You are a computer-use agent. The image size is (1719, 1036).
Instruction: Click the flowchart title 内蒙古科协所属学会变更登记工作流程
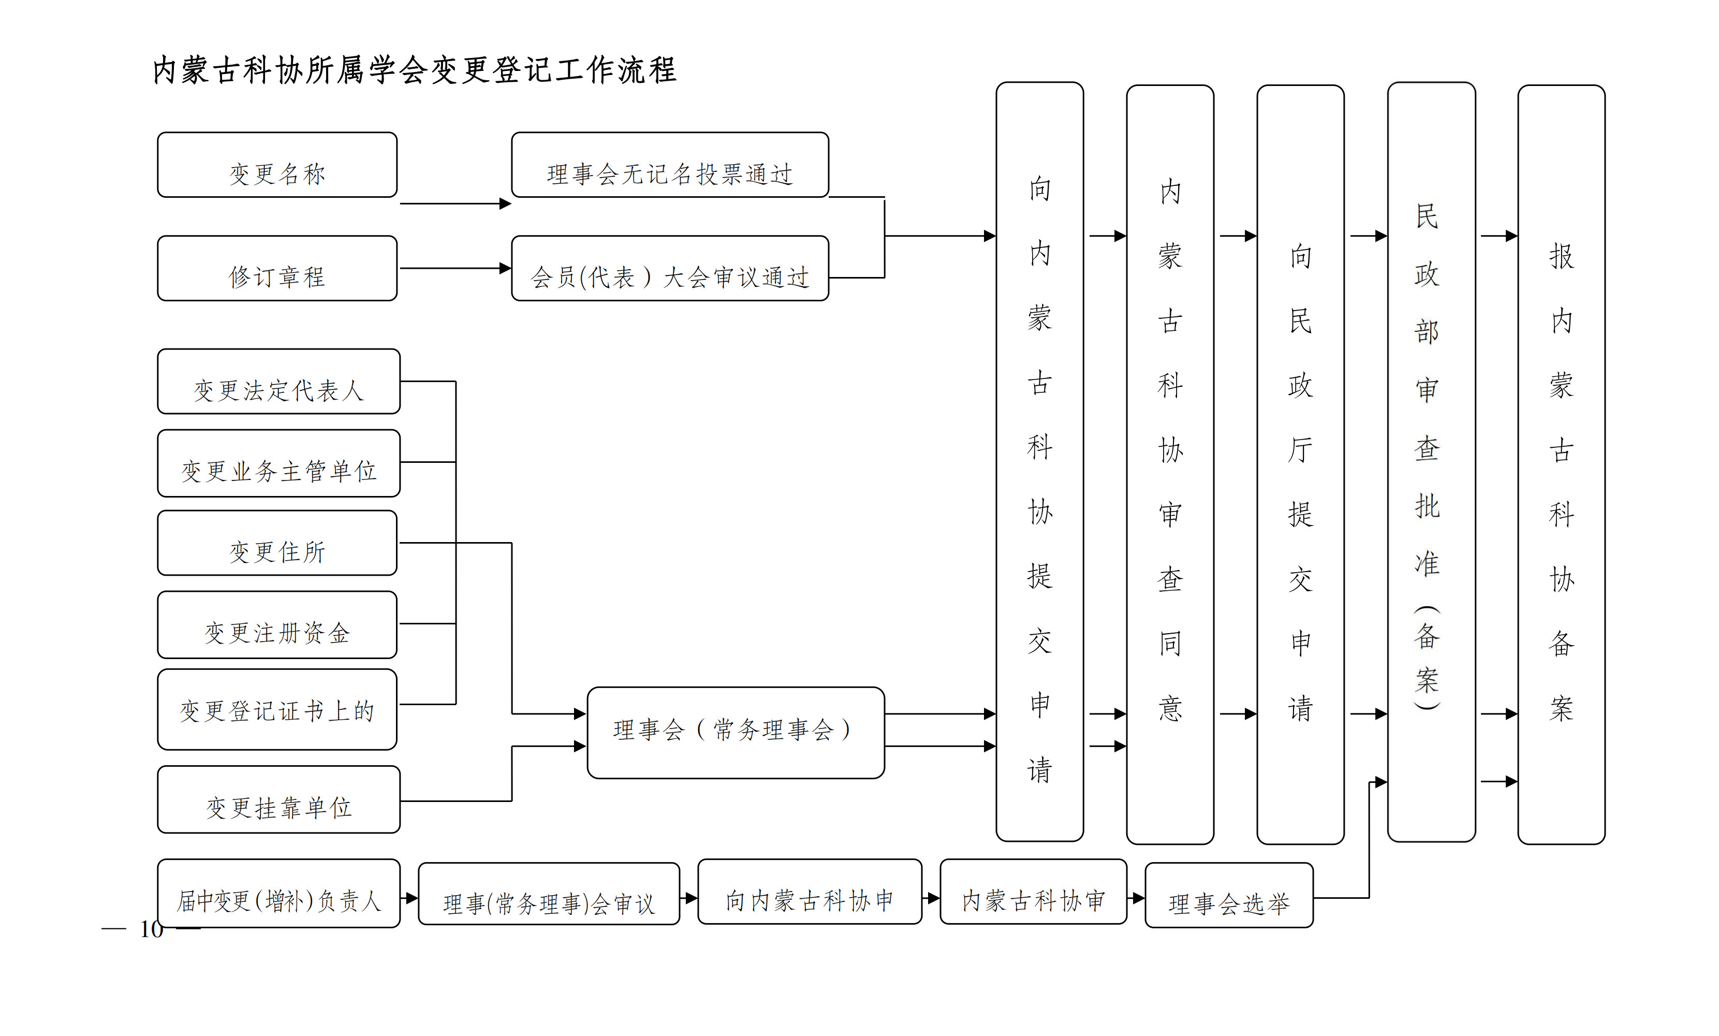tap(415, 70)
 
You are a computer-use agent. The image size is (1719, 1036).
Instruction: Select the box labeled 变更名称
tap(277, 165)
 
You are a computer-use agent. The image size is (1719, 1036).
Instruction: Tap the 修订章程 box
tap(277, 269)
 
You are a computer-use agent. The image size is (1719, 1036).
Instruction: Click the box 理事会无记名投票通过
tap(670, 165)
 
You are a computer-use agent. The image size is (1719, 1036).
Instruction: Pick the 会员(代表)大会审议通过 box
tap(670, 269)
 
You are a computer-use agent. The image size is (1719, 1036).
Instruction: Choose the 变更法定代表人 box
tap(278, 382)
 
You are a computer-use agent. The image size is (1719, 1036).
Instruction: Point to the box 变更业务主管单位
tap(278, 463)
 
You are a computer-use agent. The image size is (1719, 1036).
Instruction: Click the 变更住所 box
tap(277, 544)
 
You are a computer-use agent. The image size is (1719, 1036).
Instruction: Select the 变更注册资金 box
tap(277, 625)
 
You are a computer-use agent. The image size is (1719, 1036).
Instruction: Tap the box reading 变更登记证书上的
tap(277, 709)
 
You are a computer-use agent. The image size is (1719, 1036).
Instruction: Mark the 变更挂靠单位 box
tap(278, 799)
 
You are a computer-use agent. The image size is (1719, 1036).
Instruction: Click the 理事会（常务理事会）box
tap(736, 733)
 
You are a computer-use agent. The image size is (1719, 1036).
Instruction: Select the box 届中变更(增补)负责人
tap(278, 894)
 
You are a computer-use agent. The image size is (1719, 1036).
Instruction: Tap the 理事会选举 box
tap(1228, 896)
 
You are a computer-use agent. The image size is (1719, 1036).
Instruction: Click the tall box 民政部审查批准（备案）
tap(1431, 462)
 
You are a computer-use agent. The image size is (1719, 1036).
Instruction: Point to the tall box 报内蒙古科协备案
tap(1561, 464)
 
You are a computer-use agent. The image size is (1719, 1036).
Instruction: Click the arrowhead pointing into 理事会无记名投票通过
tap(506, 203)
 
